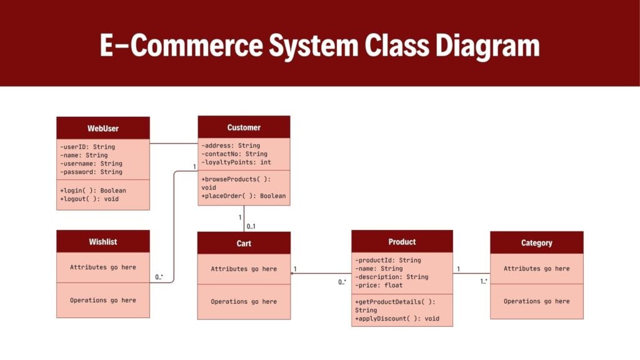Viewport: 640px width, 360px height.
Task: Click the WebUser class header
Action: (x=103, y=128)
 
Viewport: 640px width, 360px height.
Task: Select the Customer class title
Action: (x=244, y=127)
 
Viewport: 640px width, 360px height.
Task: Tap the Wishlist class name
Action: (x=103, y=241)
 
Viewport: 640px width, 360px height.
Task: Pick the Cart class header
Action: (x=244, y=243)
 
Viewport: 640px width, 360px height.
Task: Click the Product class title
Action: (x=402, y=241)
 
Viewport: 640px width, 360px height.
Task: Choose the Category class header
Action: (x=536, y=242)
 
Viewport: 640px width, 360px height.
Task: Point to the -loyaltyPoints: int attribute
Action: (x=236, y=162)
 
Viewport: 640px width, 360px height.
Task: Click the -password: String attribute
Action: (x=91, y=171)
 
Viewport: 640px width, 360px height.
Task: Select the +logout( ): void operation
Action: (x=89, y=199)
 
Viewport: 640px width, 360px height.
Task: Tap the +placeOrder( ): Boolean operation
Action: (x=244, y=196)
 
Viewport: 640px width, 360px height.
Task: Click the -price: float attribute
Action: (x=379, y=285)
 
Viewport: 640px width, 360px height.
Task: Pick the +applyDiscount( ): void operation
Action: (x=397, y=318)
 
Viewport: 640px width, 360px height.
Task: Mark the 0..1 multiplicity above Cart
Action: (x=251, y=226)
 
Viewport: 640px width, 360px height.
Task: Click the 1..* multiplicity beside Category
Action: (x=484, y=281)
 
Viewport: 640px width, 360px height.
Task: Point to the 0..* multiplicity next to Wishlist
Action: (x=159, y=276)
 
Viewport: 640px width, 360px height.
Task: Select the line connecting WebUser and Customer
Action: (x=174, y=143)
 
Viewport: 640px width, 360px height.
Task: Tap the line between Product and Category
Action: (x=471, y=273)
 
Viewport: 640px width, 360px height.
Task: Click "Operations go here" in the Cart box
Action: (x=244, y=301)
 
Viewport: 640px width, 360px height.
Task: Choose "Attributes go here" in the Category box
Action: (x=536, y=268)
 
